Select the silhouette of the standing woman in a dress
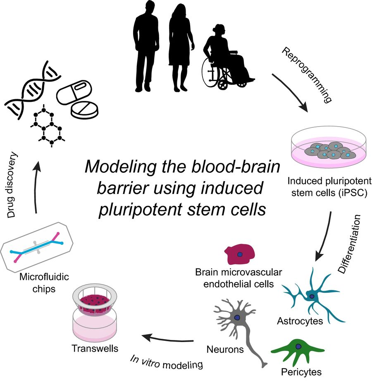pyautogui.click(x=181, y=45)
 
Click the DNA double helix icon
pyautogui.click(x=31, y=89)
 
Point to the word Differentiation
pyautogui.click(x=349, y=244)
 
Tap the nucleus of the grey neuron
pyautogui.click(x=237, y=317)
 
